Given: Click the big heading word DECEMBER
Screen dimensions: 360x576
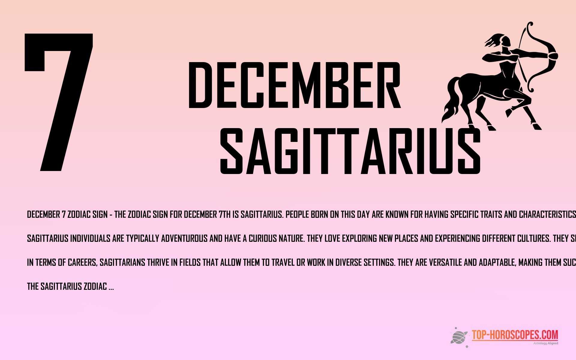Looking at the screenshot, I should pyautogui.click(x=294, y=85).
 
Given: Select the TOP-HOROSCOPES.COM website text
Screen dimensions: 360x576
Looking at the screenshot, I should pyautogui.click(x=515, y=335).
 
